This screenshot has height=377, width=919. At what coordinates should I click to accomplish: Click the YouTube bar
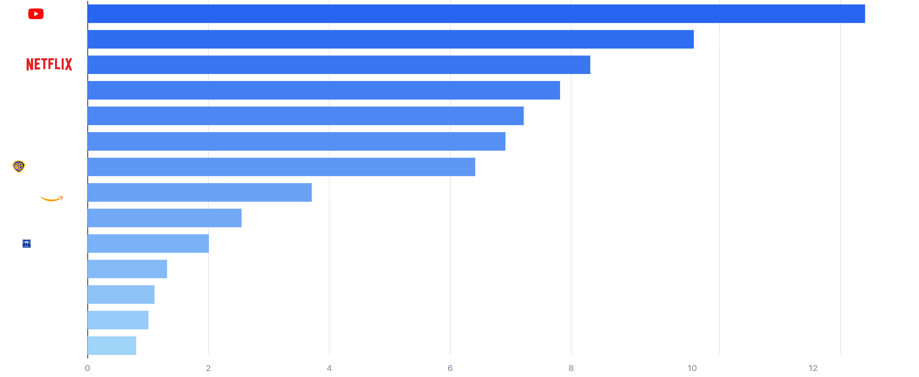(476, 14)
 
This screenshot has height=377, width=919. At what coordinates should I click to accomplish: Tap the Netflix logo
(49, 65)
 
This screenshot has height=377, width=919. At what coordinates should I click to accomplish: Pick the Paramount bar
(305, 116)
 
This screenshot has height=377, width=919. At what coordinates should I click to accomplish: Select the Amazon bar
(200, 192)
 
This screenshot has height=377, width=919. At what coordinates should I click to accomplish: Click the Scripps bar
(148, 244)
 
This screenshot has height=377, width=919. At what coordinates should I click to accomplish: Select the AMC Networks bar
(112, 346)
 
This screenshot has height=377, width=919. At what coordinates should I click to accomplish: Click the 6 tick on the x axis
(450, 368)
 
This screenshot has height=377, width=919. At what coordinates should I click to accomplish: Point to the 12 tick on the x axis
(813, 368)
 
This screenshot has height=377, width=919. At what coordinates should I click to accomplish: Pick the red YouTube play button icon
(36, 14)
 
